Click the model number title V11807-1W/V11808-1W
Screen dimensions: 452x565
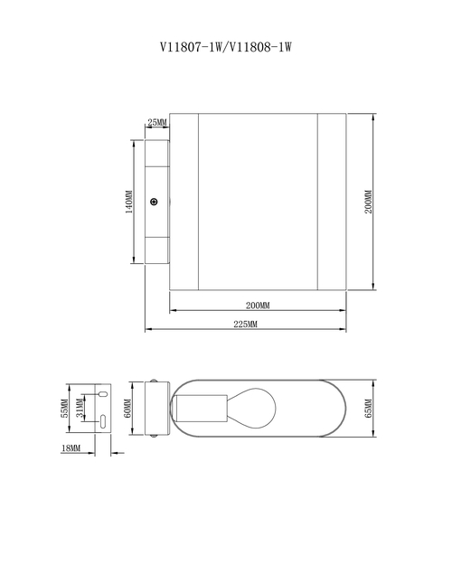226,47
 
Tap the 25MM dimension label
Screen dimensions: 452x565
157,123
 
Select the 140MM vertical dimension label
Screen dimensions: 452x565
128,202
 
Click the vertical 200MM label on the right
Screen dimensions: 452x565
368,202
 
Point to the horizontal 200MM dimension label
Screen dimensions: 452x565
258,306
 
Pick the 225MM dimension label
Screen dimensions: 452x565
246,325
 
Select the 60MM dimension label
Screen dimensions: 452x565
127,409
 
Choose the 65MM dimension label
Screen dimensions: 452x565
368,409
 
